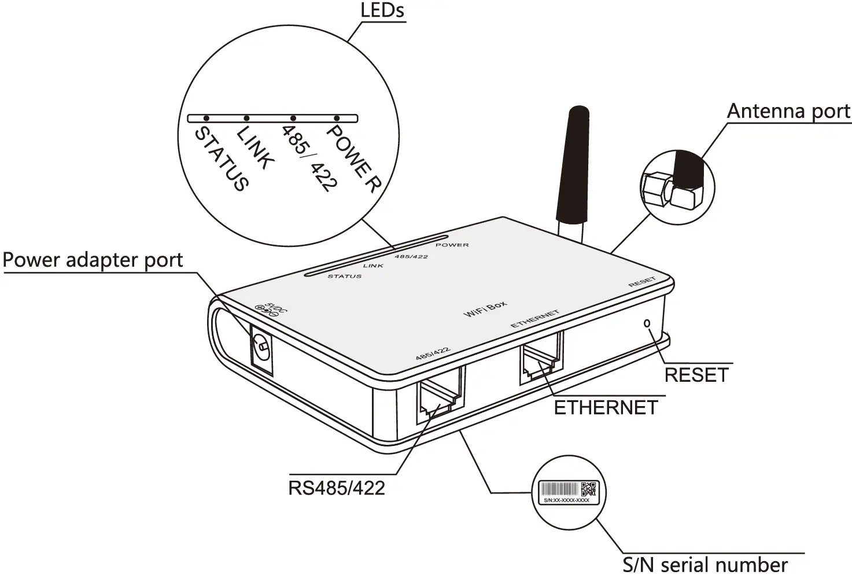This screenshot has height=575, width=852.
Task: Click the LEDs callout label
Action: coord(382,10)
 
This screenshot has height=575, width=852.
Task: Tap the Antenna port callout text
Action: coord(788,111)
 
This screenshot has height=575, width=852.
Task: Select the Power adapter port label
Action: coord(93,260)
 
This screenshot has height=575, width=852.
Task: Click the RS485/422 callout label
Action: coord(336,488)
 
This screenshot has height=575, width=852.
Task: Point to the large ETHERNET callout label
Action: coord(606,408)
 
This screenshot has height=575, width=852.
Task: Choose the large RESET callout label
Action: coord(696,375)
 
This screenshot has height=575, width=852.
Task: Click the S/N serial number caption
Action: coord(705,564)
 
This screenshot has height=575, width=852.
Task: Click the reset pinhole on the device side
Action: coord(647,323)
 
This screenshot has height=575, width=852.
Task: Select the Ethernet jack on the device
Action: coord(541,359)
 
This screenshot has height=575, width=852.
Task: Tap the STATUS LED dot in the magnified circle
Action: coord(206,118)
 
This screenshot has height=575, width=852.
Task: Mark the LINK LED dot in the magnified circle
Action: coord(246,118)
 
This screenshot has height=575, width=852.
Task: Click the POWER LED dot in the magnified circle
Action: coord(337,118)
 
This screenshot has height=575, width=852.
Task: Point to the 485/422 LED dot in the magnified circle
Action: coord(293,118)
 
